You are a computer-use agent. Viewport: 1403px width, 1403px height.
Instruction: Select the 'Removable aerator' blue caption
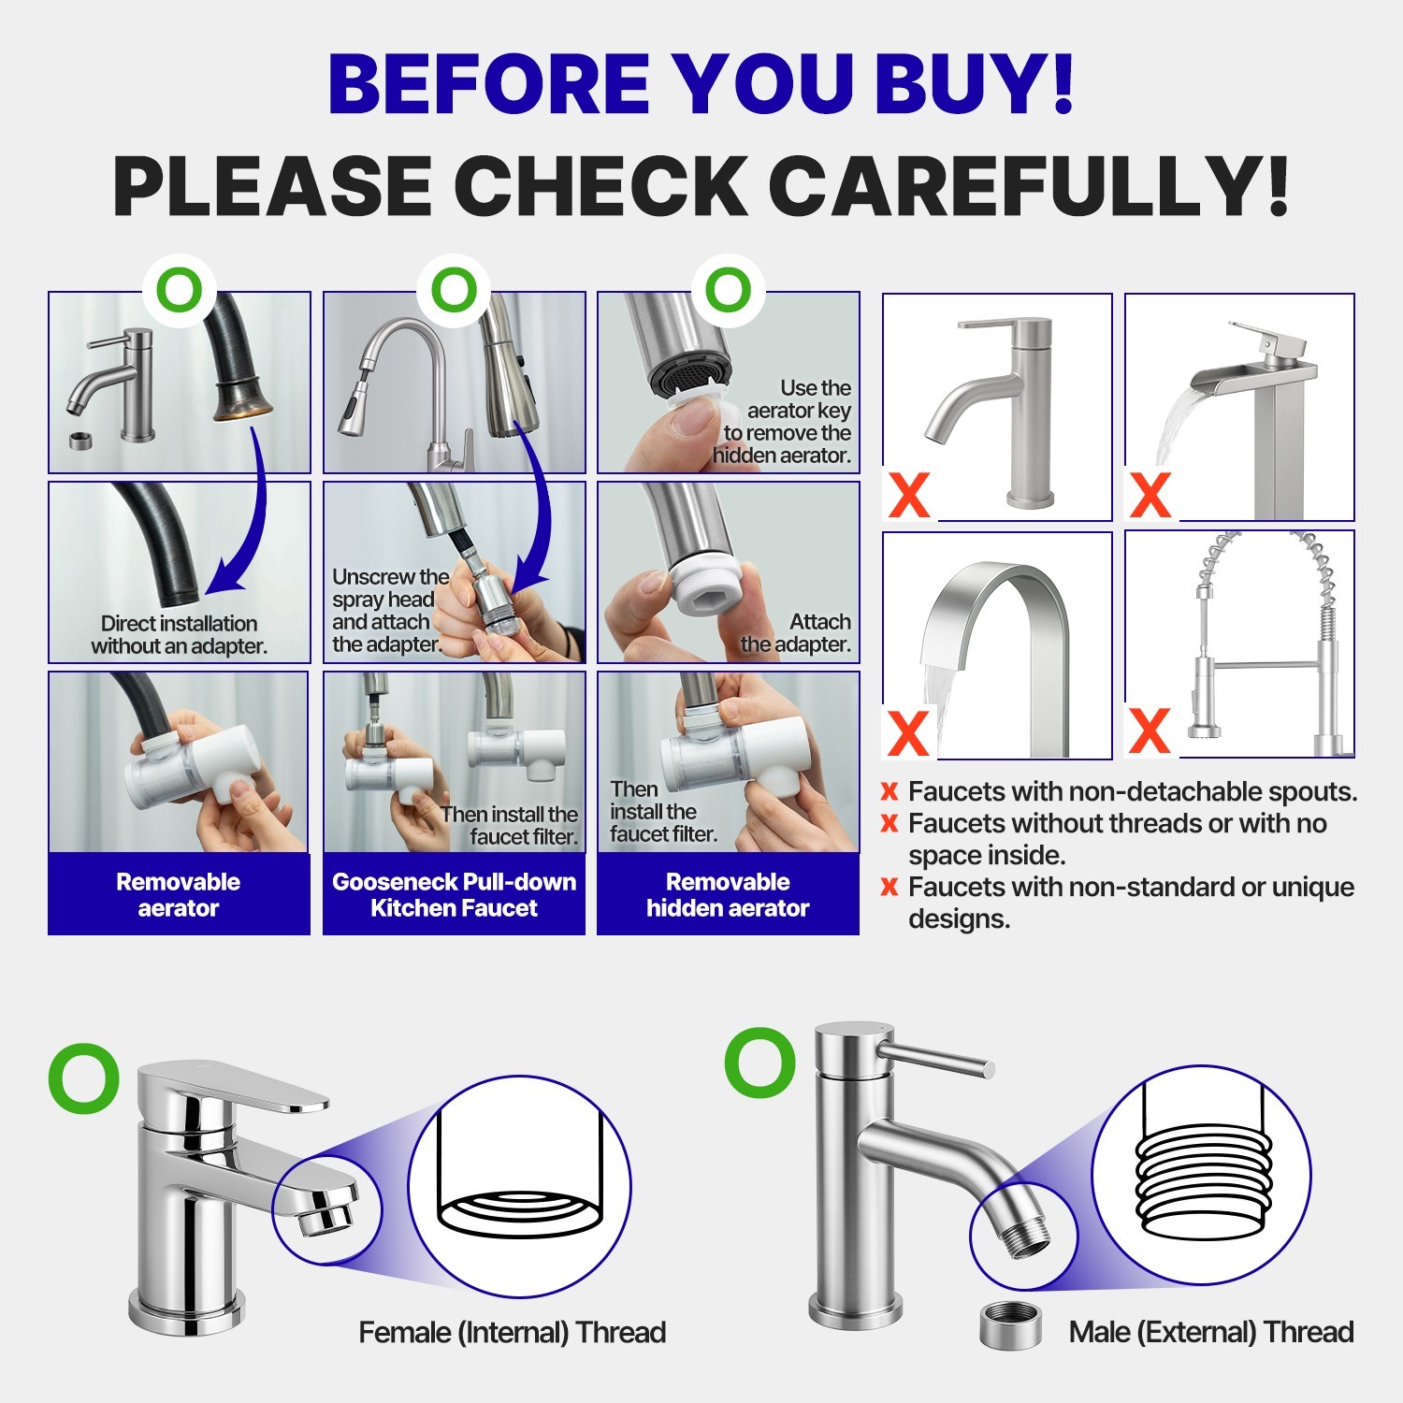[179, 894]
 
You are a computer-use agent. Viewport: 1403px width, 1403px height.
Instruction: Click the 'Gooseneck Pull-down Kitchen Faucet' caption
[454, 894]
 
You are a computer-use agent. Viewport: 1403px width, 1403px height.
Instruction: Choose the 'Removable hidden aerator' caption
[728, 894]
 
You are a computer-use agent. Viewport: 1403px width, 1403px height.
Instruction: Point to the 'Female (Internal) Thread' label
[513, 1332]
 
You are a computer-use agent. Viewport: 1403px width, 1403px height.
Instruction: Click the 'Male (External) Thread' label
[1211, 1332]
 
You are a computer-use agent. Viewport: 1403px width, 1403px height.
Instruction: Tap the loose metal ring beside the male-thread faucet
[1010, 1326]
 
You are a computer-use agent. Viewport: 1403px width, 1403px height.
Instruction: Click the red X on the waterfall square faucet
[1150, 495]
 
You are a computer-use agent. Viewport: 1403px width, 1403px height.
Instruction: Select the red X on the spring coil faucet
[1150, 730]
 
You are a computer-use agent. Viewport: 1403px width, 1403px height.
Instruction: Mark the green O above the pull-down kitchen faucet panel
[454, 290]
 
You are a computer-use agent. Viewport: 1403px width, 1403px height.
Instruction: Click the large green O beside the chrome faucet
[84, 1079]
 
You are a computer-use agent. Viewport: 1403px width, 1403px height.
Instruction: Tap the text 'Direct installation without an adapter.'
[179, 634]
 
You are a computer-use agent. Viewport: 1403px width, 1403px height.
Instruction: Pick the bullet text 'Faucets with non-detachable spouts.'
[1133, 791]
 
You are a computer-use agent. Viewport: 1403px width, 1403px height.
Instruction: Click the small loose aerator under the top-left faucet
[81, 440]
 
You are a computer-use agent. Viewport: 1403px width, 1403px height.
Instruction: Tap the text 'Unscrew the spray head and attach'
[389, 600]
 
